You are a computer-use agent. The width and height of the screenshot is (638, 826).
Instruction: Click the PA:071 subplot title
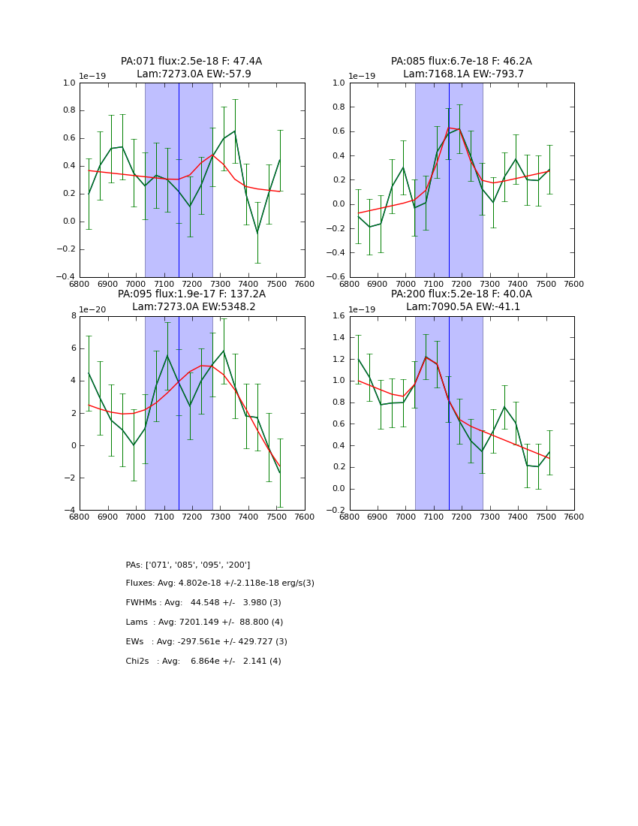(191, 62)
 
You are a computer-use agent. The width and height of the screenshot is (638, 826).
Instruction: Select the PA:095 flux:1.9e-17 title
(191, 294)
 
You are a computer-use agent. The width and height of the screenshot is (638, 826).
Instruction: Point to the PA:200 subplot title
(461, 294)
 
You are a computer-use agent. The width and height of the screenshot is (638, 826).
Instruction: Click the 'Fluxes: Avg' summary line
(220, 583)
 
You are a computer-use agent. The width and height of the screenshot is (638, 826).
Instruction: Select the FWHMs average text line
(203, 603)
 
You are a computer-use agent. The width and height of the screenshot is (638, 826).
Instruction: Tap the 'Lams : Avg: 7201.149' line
(204, 623)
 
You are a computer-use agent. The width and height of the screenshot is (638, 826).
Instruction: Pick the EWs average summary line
(206, 642)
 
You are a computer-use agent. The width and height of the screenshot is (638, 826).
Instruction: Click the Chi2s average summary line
(203, 662)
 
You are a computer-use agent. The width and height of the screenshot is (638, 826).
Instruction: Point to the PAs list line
(188, 565)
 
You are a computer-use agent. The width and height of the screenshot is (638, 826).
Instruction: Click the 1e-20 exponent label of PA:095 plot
(93, 309)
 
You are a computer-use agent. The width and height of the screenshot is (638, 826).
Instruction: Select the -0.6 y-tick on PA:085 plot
(336, 277)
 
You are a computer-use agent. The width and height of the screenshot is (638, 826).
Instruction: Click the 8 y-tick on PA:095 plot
(74, 316)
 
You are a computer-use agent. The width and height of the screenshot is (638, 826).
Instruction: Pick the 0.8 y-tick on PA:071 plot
(68, 110)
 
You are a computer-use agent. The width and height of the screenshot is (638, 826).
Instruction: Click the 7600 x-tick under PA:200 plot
(573, 517)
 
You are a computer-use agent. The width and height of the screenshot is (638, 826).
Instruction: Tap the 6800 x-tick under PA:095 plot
(80, 517)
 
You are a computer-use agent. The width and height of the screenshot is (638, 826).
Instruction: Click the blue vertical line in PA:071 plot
(179, 180)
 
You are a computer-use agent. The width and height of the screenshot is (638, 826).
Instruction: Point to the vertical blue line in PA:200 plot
(449, 413)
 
